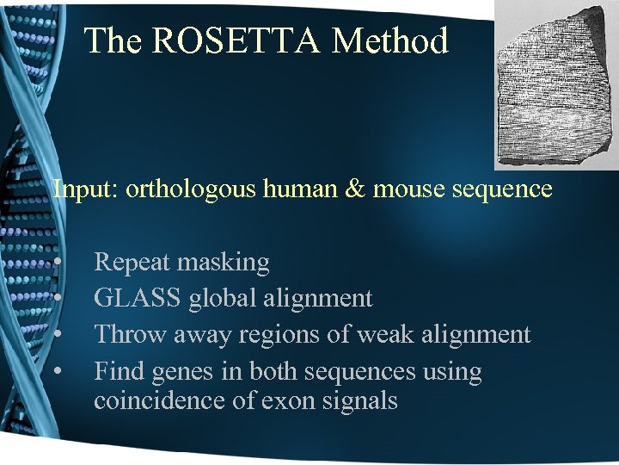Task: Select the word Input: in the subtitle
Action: [86, 189]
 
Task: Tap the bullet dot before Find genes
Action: [57, 373]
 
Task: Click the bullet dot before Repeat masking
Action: [57, 263]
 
